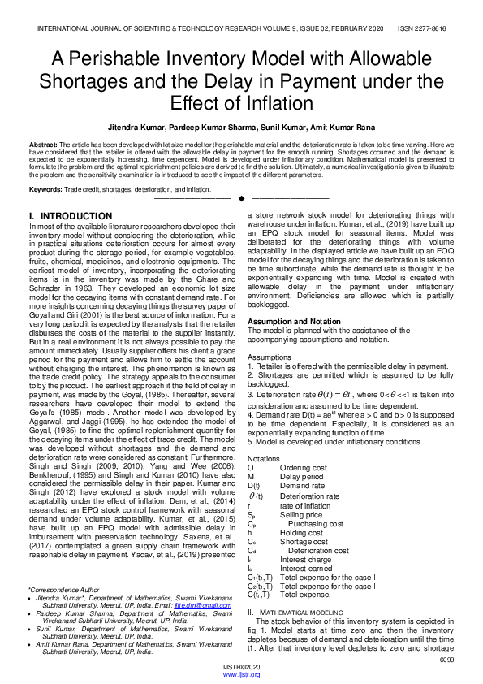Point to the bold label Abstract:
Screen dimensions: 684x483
pyautogui.click(x=44, y=143)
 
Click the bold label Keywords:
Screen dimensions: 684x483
pyautogui.click(x=45, y=189)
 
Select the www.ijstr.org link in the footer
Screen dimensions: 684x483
pyautogui.click(x=241, y=675)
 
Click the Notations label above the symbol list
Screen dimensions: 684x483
pyautogui.click(x=264, y=458)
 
